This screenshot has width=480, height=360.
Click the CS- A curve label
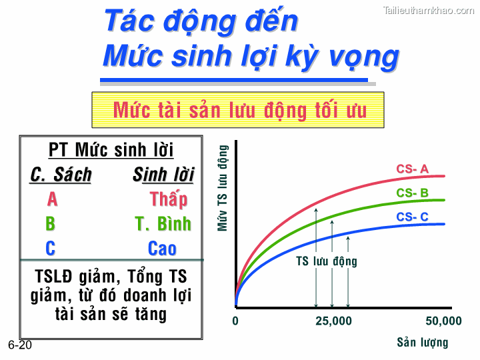click(412, 169)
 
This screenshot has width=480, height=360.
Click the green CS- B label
click(412, 193)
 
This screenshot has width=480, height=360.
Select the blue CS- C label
click(412, 217)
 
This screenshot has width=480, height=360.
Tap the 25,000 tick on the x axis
click(333, 321)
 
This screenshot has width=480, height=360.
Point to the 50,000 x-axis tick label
click(443, 321)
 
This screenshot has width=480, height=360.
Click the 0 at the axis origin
click(235, 321)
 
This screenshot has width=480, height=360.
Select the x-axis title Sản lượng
click(423, 343)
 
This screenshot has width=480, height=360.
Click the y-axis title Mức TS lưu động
click(223, 188)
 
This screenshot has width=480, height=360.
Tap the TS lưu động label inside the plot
click(327, 261)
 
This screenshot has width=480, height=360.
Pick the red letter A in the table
click(52, 199)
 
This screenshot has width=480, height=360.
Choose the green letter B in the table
click(51, 224)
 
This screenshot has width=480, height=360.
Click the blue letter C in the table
click(51, 249)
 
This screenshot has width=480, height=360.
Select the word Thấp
click(168, 199)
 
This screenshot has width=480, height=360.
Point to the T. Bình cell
click(163, 224)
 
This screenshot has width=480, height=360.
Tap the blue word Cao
click(162, 249)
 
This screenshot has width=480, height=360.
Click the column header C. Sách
click(61, 175)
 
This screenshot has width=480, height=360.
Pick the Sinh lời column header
click(163, 175)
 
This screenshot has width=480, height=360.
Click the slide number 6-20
click(20, 345)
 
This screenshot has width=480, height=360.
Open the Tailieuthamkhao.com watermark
click(429, 10)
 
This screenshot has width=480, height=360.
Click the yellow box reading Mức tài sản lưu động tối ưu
click(238, 110)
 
